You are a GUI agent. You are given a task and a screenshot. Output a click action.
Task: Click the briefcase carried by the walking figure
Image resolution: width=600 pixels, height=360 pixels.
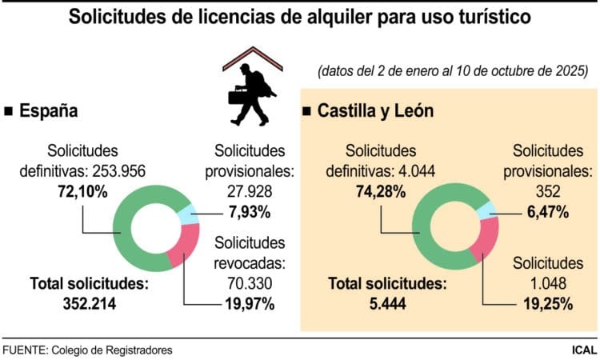point(238,98)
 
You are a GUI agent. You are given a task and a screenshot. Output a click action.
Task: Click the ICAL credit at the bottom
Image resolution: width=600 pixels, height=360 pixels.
point(581,350)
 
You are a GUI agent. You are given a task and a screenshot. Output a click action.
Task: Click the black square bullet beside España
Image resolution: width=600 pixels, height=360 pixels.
point(9,112)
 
